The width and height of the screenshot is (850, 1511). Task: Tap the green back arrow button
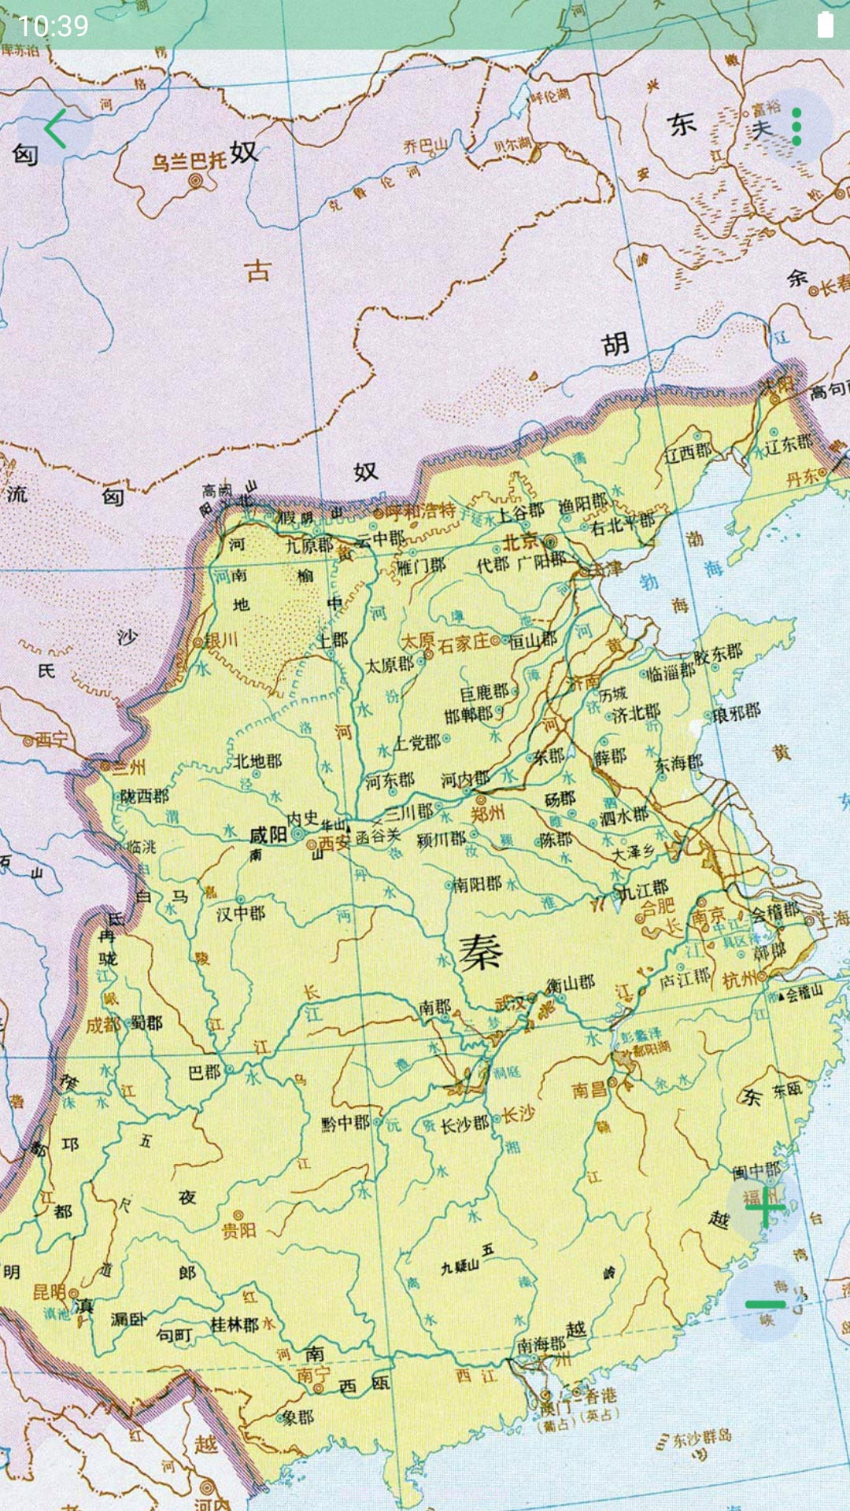[x=55, y=128]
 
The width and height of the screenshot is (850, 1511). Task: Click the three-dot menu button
[x=796, y=127]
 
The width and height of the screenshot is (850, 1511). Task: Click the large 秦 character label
[x=480, y=953]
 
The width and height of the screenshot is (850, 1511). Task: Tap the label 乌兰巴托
[x=189, y=161]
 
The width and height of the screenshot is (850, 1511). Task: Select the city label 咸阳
[x=268, y=835]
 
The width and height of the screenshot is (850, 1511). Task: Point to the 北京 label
[x=521, y=541]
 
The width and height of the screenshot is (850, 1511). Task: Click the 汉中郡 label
[x=241, y=914]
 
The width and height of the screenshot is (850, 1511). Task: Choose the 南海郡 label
[x=541, y=1345]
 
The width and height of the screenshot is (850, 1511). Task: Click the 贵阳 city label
[x=238, y=1230]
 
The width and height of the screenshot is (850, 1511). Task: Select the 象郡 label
[x=298, y=1417]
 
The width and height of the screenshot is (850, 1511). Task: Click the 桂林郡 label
[x=235, y=1324]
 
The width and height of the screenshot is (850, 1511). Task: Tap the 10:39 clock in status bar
[x=53, y=26]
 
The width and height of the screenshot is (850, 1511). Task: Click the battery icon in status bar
[x=825, y=25]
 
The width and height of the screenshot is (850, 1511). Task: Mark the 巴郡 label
[x=205, y=1072]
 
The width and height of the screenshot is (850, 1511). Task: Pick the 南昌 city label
[x=589, y=1090]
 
